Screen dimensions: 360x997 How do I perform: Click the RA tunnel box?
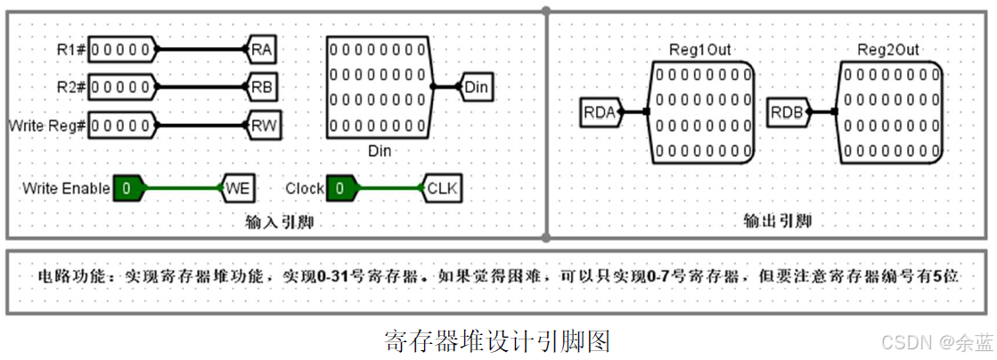point(262,49)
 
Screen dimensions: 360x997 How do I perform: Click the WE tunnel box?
point(238,188)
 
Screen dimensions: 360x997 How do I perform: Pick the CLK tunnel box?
point(443,188)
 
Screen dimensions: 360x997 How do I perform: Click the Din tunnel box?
point(477,86)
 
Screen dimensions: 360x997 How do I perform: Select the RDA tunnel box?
point(599,112)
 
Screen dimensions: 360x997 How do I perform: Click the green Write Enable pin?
point(128,188)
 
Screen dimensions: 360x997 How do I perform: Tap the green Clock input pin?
point(340,188)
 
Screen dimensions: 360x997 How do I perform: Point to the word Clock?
point(304,188)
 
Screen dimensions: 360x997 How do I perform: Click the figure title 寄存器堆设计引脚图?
point(497,340)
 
